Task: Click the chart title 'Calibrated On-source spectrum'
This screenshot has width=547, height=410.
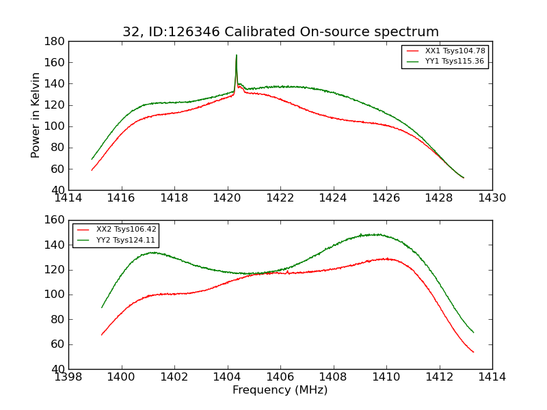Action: coord(280,32)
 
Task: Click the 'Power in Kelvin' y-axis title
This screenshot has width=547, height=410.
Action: coord(36,115)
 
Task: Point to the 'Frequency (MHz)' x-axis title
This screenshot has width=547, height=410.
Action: coord(280,390)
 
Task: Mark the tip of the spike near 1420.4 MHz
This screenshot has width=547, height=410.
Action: coord(237,55)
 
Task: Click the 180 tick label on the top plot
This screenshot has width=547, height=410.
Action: coord(55,41)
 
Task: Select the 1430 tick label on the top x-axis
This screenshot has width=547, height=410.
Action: coord(492,198)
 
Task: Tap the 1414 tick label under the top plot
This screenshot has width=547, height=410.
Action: coord(68,198)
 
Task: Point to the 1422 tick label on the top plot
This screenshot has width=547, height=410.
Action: coord(280,198)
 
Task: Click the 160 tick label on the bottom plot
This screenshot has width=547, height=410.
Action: coord(55,220)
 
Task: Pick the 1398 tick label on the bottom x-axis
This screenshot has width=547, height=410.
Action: coord(68,377)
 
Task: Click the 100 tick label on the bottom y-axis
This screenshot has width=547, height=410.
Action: coord(55,295)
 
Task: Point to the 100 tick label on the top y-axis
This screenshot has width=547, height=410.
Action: coord(55,126)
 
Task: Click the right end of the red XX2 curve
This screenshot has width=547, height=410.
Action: coord(474,352)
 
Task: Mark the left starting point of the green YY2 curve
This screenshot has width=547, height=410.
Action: coord(102,307)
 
